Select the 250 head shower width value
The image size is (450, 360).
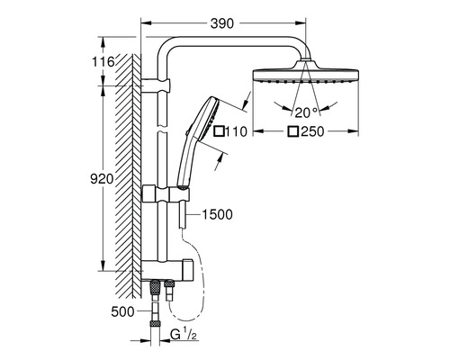coord(311,132)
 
